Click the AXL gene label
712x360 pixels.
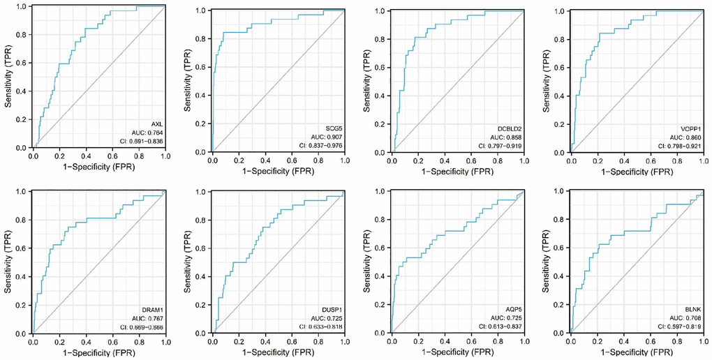158,123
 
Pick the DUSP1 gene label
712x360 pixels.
334,308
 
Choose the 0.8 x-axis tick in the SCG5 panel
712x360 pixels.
318,160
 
